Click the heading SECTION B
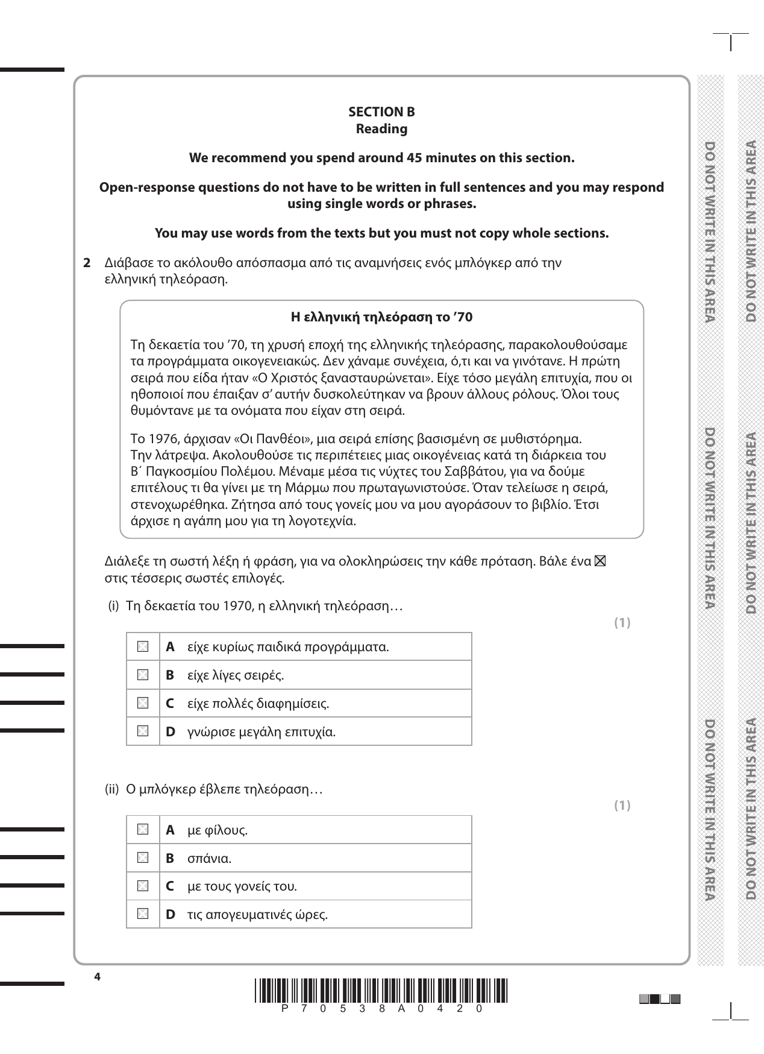click(381, 112)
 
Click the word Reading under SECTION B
click(381, 129)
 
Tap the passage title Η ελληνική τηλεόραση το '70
click(381, 317)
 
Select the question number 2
click(87, 263)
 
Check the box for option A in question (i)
click(143, 647)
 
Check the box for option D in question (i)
click(143, 731)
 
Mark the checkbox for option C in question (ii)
click(143, 886)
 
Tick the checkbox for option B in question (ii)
click(143, 858)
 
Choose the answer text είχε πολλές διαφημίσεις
click(258, 704)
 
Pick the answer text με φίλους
click(218, 830)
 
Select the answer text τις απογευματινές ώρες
click(257, 915)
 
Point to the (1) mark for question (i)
click(622, 623)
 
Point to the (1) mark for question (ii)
click(622, 806)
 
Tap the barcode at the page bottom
click(381, 991)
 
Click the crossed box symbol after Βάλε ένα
click(600, 562)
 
